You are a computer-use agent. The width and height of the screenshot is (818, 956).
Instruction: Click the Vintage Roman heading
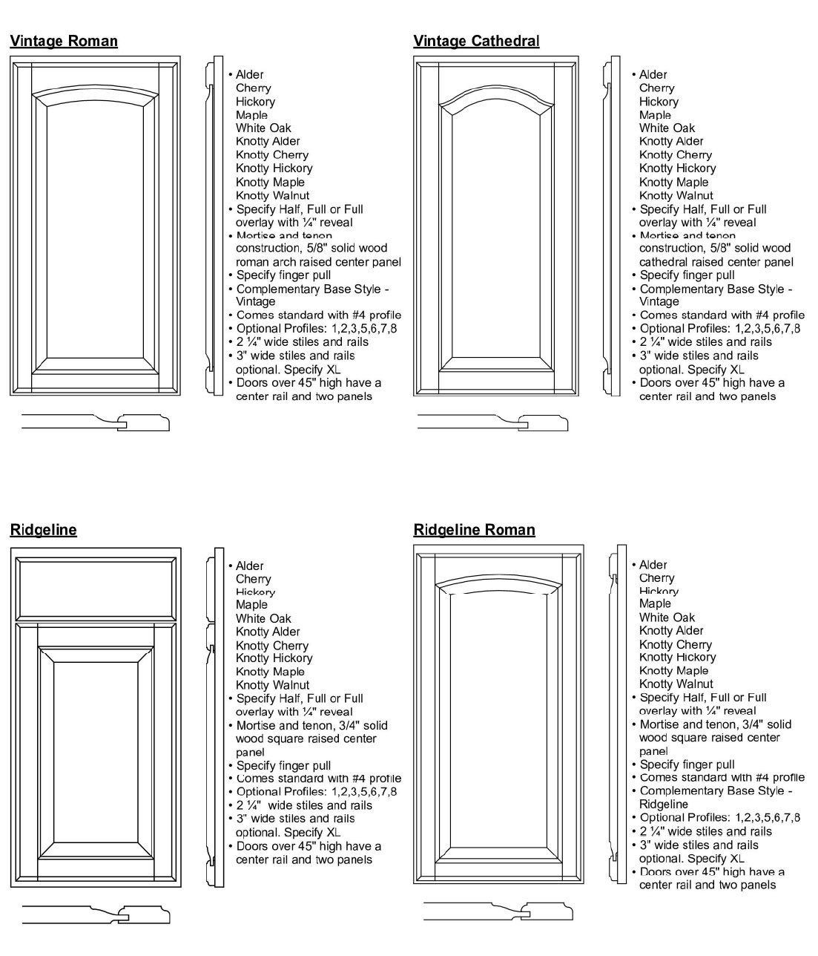64,41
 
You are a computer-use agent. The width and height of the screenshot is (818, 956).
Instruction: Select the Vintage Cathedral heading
476,41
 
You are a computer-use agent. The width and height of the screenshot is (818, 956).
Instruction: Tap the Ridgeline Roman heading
474,529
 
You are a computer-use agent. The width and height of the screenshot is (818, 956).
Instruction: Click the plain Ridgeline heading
43,529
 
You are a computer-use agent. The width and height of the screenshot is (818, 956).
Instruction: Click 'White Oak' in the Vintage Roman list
263,128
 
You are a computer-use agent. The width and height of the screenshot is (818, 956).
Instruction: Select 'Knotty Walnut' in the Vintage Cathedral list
676,195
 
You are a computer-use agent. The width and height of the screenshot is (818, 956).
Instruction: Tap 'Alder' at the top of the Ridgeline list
249,566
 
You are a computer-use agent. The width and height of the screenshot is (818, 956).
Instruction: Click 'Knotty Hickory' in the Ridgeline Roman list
677,657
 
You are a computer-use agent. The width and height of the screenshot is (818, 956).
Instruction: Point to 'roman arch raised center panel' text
318,262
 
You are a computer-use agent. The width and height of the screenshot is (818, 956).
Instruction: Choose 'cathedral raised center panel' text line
716,262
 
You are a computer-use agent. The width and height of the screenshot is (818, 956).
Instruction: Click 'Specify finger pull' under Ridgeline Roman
687,765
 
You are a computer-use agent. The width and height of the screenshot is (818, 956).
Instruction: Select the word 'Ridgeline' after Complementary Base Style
663,805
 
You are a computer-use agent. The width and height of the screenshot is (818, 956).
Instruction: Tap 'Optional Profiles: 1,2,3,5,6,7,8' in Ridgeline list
316,792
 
